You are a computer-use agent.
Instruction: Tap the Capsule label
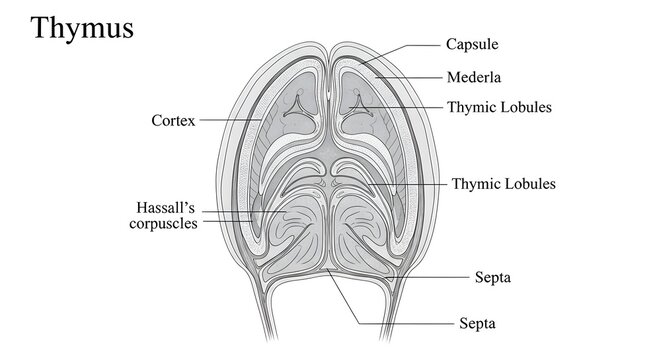point(472,45)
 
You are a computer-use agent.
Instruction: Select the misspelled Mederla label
point(473,76)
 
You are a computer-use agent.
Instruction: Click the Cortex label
point(172,120)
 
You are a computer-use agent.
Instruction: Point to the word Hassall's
point(165,207)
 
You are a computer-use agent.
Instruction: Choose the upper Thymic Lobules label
point(498,106)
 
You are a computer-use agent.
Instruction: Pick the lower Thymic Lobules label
point(503,184)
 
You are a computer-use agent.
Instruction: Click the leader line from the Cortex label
point(230,120)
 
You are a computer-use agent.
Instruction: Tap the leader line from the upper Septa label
point(420,276)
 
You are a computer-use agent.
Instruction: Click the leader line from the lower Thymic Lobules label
point(410,184)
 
